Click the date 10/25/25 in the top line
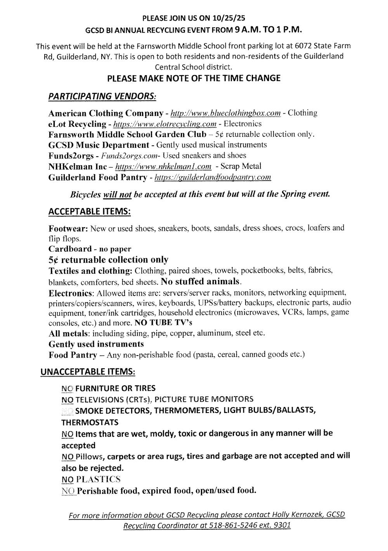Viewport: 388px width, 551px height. (x=229, y=18)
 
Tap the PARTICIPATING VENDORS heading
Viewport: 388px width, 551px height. (x=102, y=96)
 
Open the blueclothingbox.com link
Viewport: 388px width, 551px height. (x=225, y=113)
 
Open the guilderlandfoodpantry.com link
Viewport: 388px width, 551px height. (x=213, y=178)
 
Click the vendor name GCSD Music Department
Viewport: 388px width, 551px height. (x=99, y=145)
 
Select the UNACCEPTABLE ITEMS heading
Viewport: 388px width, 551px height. (x=88, y=372)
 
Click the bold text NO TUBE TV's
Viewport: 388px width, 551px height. (x=163, y=323)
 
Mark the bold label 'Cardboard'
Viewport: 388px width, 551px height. (x=70, y=249)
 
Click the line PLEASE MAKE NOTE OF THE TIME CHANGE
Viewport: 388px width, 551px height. (x=194, y=78)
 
